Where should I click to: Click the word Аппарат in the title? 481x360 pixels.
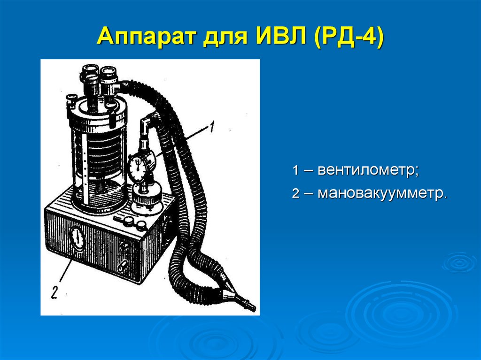click(x=146, y=36)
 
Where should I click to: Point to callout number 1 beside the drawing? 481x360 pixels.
click(x=211, y=127)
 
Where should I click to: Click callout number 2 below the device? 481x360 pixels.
click(x=54, y=292)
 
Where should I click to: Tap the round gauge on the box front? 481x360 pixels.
click(x=78, y=238)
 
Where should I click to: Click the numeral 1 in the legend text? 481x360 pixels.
click(x=295, y=170)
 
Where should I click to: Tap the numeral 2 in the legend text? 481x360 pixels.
click(x=295, y=193)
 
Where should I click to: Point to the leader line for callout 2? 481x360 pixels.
click(x=66, y=270)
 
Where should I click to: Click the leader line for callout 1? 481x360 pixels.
click(x=182, y=141)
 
